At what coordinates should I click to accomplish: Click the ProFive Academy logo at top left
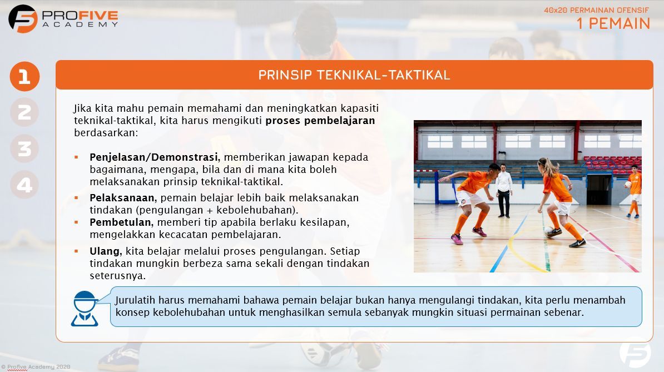pos(63,18)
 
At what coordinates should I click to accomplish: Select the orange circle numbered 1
pos(24,76)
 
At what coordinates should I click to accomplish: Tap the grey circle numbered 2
pos(24,112)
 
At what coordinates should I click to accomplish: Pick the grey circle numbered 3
pos(24,148)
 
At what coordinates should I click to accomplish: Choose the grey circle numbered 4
pos(24,185)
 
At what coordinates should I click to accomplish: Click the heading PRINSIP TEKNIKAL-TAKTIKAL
pos(354,75)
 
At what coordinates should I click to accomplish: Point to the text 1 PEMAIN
pos(613,23)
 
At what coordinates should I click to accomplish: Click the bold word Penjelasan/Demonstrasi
pos(155,157)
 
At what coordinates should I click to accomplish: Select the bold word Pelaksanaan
pos(123,198)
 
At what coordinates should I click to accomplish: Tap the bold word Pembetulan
pos(121,222)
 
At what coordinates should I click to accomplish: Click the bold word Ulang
pos(105,251)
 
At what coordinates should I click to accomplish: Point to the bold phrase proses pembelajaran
pos(320,121)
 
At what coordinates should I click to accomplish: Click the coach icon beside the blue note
pos(85,308)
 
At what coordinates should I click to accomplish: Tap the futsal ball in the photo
pos(549,230)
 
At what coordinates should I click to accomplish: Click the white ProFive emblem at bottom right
pos(635,354)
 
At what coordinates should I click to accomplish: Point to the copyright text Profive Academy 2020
pos(36,366)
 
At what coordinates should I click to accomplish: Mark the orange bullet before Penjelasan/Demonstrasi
pos(76,157)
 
